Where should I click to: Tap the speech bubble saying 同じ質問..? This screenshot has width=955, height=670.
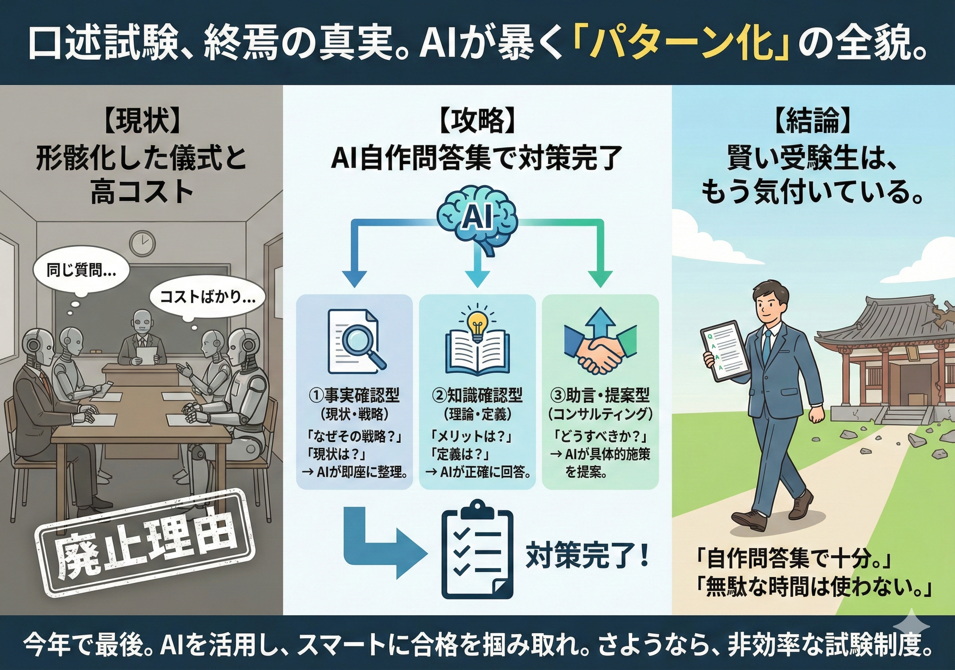click(81, 271)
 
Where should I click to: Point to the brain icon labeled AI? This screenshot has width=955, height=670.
click(477, 220)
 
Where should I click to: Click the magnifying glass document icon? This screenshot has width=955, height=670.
click(356, 341)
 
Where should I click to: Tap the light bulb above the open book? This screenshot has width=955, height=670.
click(477, 322)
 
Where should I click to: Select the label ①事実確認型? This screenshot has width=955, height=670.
click(354, 395)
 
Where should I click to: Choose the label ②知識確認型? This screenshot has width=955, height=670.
click(477, 395)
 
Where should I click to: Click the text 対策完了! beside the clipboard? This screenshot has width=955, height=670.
click(587, 557)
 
